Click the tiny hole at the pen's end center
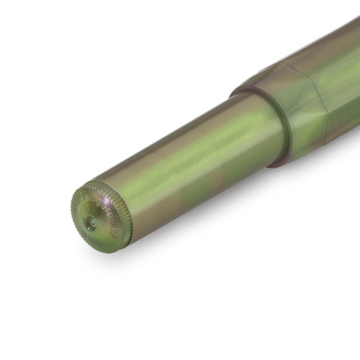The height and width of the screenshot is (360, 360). [x=91, y=222]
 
